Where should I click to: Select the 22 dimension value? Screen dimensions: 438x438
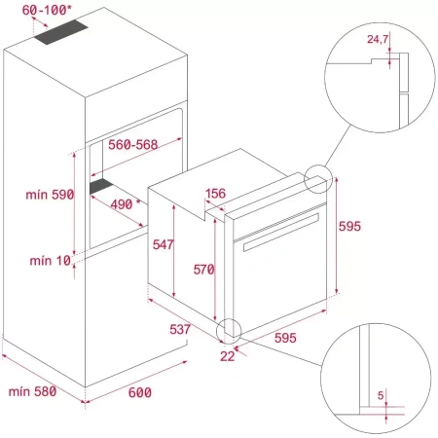click(x=227, y=356)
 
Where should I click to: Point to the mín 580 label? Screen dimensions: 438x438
click(x=32, y=392)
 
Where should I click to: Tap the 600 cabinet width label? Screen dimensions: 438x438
click(x=140, y=392)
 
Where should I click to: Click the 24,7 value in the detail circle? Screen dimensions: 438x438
click(x=379, y=40)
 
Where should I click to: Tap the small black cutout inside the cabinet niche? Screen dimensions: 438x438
click(x=101, y=185)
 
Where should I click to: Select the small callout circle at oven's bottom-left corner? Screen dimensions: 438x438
click(x=229, y=330)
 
